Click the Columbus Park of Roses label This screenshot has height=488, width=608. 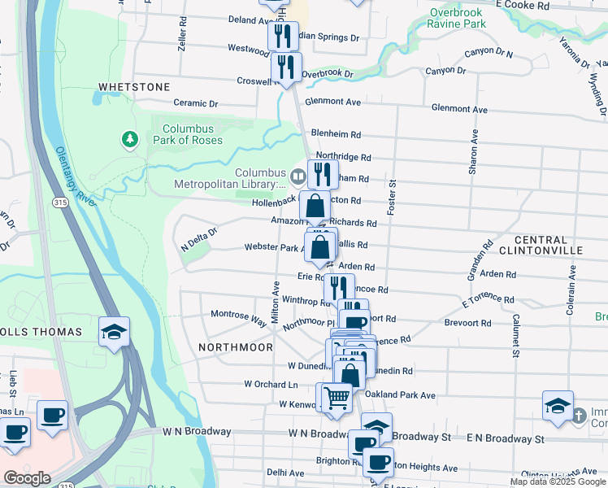coord(188,134)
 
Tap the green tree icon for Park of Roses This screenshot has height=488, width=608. coord(128,140)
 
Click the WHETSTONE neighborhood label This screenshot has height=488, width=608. coord(134,86)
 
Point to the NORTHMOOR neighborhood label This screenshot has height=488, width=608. coord(236,347)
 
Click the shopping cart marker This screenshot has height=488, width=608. coord(337,398)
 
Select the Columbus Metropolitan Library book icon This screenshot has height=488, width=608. coord(297,176)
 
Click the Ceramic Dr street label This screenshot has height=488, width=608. coord(196,103)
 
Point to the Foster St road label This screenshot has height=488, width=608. coord(392,198)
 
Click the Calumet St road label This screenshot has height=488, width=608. coord(515,336)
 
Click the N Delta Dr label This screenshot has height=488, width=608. coord(200,234)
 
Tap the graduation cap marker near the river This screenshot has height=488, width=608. coord(115,331)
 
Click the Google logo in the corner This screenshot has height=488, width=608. coord(27,478)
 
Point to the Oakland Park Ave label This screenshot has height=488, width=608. coord(401,395)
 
